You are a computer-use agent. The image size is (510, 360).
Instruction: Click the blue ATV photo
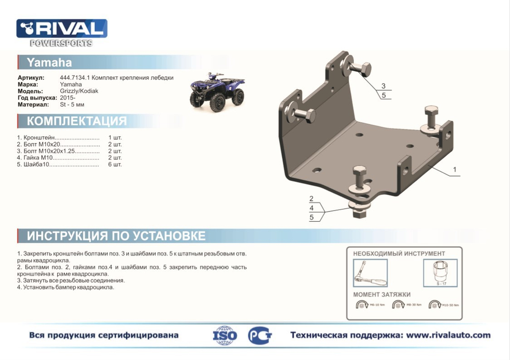tap(217, 91)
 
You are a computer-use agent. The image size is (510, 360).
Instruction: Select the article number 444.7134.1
tap(75, 78)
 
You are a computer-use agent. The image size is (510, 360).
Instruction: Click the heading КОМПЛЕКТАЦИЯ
tap(76, 121)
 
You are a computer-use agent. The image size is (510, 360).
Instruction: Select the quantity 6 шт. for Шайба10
tap(115, 165)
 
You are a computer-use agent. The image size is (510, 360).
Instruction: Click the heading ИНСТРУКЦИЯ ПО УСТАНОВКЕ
tap(116, 236)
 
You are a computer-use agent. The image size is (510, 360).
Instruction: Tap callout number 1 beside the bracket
tap(454, 169)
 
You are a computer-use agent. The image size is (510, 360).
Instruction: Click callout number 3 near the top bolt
tap(384, 86)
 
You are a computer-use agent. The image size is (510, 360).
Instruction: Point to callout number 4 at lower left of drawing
tap(311, 208)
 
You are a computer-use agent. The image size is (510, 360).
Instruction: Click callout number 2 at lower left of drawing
tap(311, 199)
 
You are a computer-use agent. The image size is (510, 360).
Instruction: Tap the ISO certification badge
tap(225, 336)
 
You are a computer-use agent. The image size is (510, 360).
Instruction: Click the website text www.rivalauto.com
tap(448, 335)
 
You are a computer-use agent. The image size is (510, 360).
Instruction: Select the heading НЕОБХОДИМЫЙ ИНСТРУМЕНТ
tap(399, 253)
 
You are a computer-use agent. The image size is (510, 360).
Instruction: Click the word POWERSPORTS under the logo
tap(61, 43)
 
